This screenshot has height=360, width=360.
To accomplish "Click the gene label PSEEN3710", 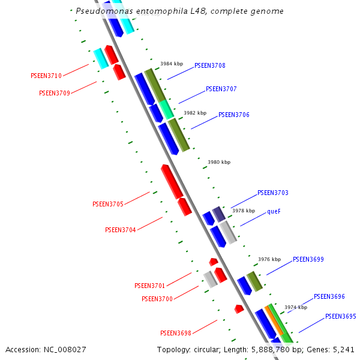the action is click(46, 76).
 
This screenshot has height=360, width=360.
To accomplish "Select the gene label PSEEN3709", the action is click(55, 93).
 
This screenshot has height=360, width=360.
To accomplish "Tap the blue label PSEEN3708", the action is click(209, 65).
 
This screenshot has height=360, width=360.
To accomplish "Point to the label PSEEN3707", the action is click(221, 89).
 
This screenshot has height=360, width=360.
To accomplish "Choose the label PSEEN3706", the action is click(233, 115).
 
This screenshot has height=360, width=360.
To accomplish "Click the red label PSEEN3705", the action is click(108, 204).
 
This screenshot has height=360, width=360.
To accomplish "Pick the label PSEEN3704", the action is click(121, 230).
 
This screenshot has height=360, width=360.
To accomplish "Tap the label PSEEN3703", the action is click(272, 193).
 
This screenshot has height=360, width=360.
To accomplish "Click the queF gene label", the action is click(274, 211).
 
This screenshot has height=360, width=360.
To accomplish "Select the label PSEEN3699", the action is click(308, 260).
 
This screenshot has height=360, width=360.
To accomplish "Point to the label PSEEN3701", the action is click(149, 286).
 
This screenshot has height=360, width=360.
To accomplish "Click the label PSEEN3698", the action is click(175, 333).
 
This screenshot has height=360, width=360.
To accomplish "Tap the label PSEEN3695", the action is click(340, 316).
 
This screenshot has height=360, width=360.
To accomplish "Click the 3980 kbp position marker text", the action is click(218, 162).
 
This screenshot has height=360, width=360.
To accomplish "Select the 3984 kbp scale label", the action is click(171, 64).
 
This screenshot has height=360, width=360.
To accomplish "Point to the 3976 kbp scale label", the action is click(269, 260).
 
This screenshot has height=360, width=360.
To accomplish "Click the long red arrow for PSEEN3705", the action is click(172, 181).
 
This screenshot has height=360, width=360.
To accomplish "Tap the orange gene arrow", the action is click(274, 320).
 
